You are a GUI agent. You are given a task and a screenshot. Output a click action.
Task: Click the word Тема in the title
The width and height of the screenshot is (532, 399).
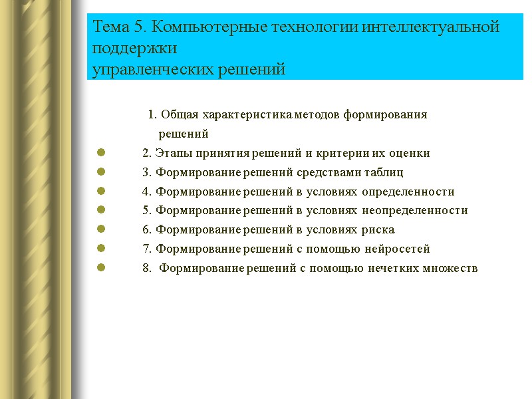[x=113, y=28]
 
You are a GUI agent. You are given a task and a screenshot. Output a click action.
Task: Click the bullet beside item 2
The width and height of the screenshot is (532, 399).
[x=102, y=154]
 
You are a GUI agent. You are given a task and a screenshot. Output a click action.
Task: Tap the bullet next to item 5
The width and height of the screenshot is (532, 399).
[x=102, y=211]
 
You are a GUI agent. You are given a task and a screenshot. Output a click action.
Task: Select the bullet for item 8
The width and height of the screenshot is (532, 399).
[x=102, y=269]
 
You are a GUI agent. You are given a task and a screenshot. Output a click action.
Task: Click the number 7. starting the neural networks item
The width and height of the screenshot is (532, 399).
[x=146, y=249]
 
